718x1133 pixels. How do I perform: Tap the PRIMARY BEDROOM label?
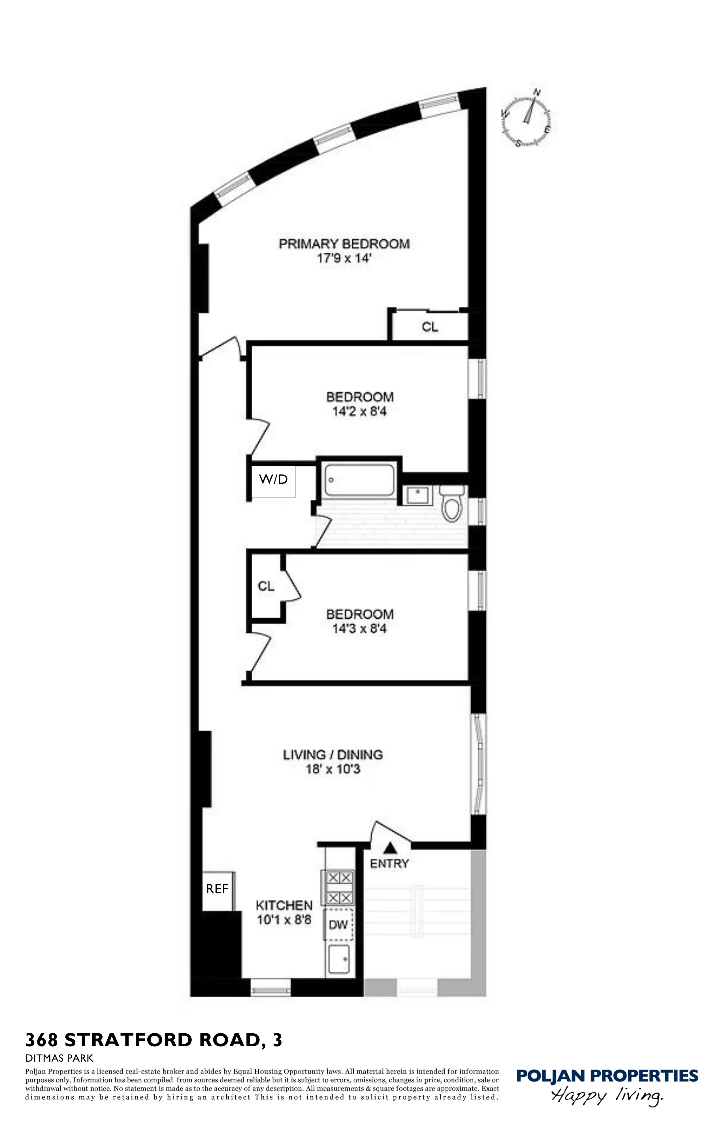344,244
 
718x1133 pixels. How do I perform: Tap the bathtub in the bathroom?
359,480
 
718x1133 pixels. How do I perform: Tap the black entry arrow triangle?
389,848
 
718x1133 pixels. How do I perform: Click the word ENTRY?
389,863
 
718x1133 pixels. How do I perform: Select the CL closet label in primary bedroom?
430,327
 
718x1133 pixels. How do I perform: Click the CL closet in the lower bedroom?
266,586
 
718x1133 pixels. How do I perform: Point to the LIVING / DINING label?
333,755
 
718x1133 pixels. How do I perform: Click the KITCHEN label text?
284,905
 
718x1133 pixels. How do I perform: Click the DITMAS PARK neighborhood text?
59,1058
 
